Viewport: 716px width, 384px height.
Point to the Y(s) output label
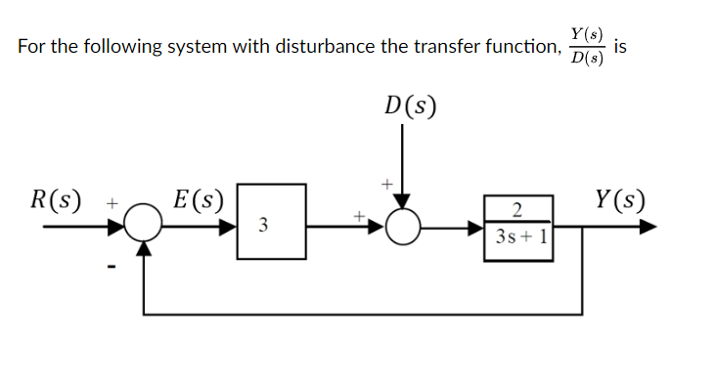point(619,201)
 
